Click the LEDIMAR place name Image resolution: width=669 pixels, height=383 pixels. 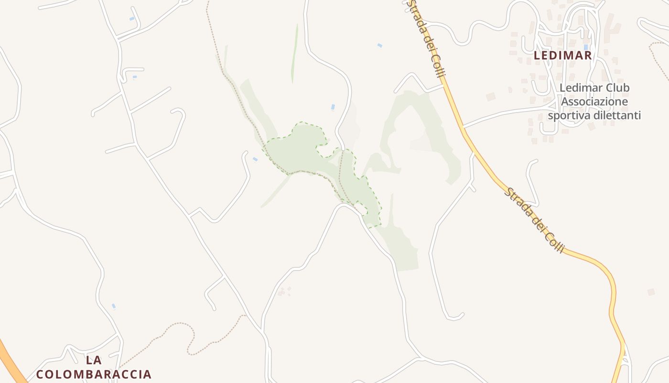point(562,56)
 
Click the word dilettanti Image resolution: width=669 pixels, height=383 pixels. point(617,115)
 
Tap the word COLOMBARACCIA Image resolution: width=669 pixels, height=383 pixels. point(94,374)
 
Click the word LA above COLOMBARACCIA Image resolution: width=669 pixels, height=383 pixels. point(94,360)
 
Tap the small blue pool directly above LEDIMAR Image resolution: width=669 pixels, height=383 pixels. point(585,47)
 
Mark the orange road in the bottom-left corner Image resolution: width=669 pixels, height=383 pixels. point(11,361)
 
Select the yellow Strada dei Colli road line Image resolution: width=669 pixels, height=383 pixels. point(483,158)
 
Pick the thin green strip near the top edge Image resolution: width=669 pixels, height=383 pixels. point(294,53)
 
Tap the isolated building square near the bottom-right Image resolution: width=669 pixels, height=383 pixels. point(651,292)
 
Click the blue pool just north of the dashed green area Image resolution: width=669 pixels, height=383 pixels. point(333,107)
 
